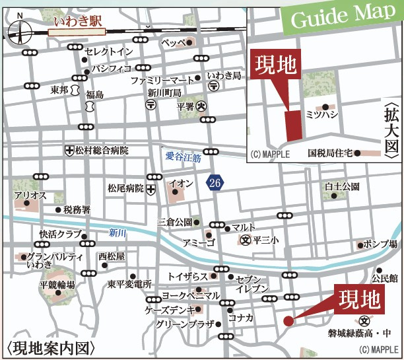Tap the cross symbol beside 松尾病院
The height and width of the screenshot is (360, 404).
point(151,189)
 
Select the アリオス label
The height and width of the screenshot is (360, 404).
point(28,196)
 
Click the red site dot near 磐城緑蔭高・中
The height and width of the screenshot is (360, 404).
point(288,321)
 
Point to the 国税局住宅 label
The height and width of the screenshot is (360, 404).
point(328,153)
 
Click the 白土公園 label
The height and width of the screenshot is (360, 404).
point(341,187)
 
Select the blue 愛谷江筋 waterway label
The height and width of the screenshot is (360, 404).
point(183,157)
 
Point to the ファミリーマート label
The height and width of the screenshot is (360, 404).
point(162,80)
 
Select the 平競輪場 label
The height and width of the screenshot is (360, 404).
point(56,285)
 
